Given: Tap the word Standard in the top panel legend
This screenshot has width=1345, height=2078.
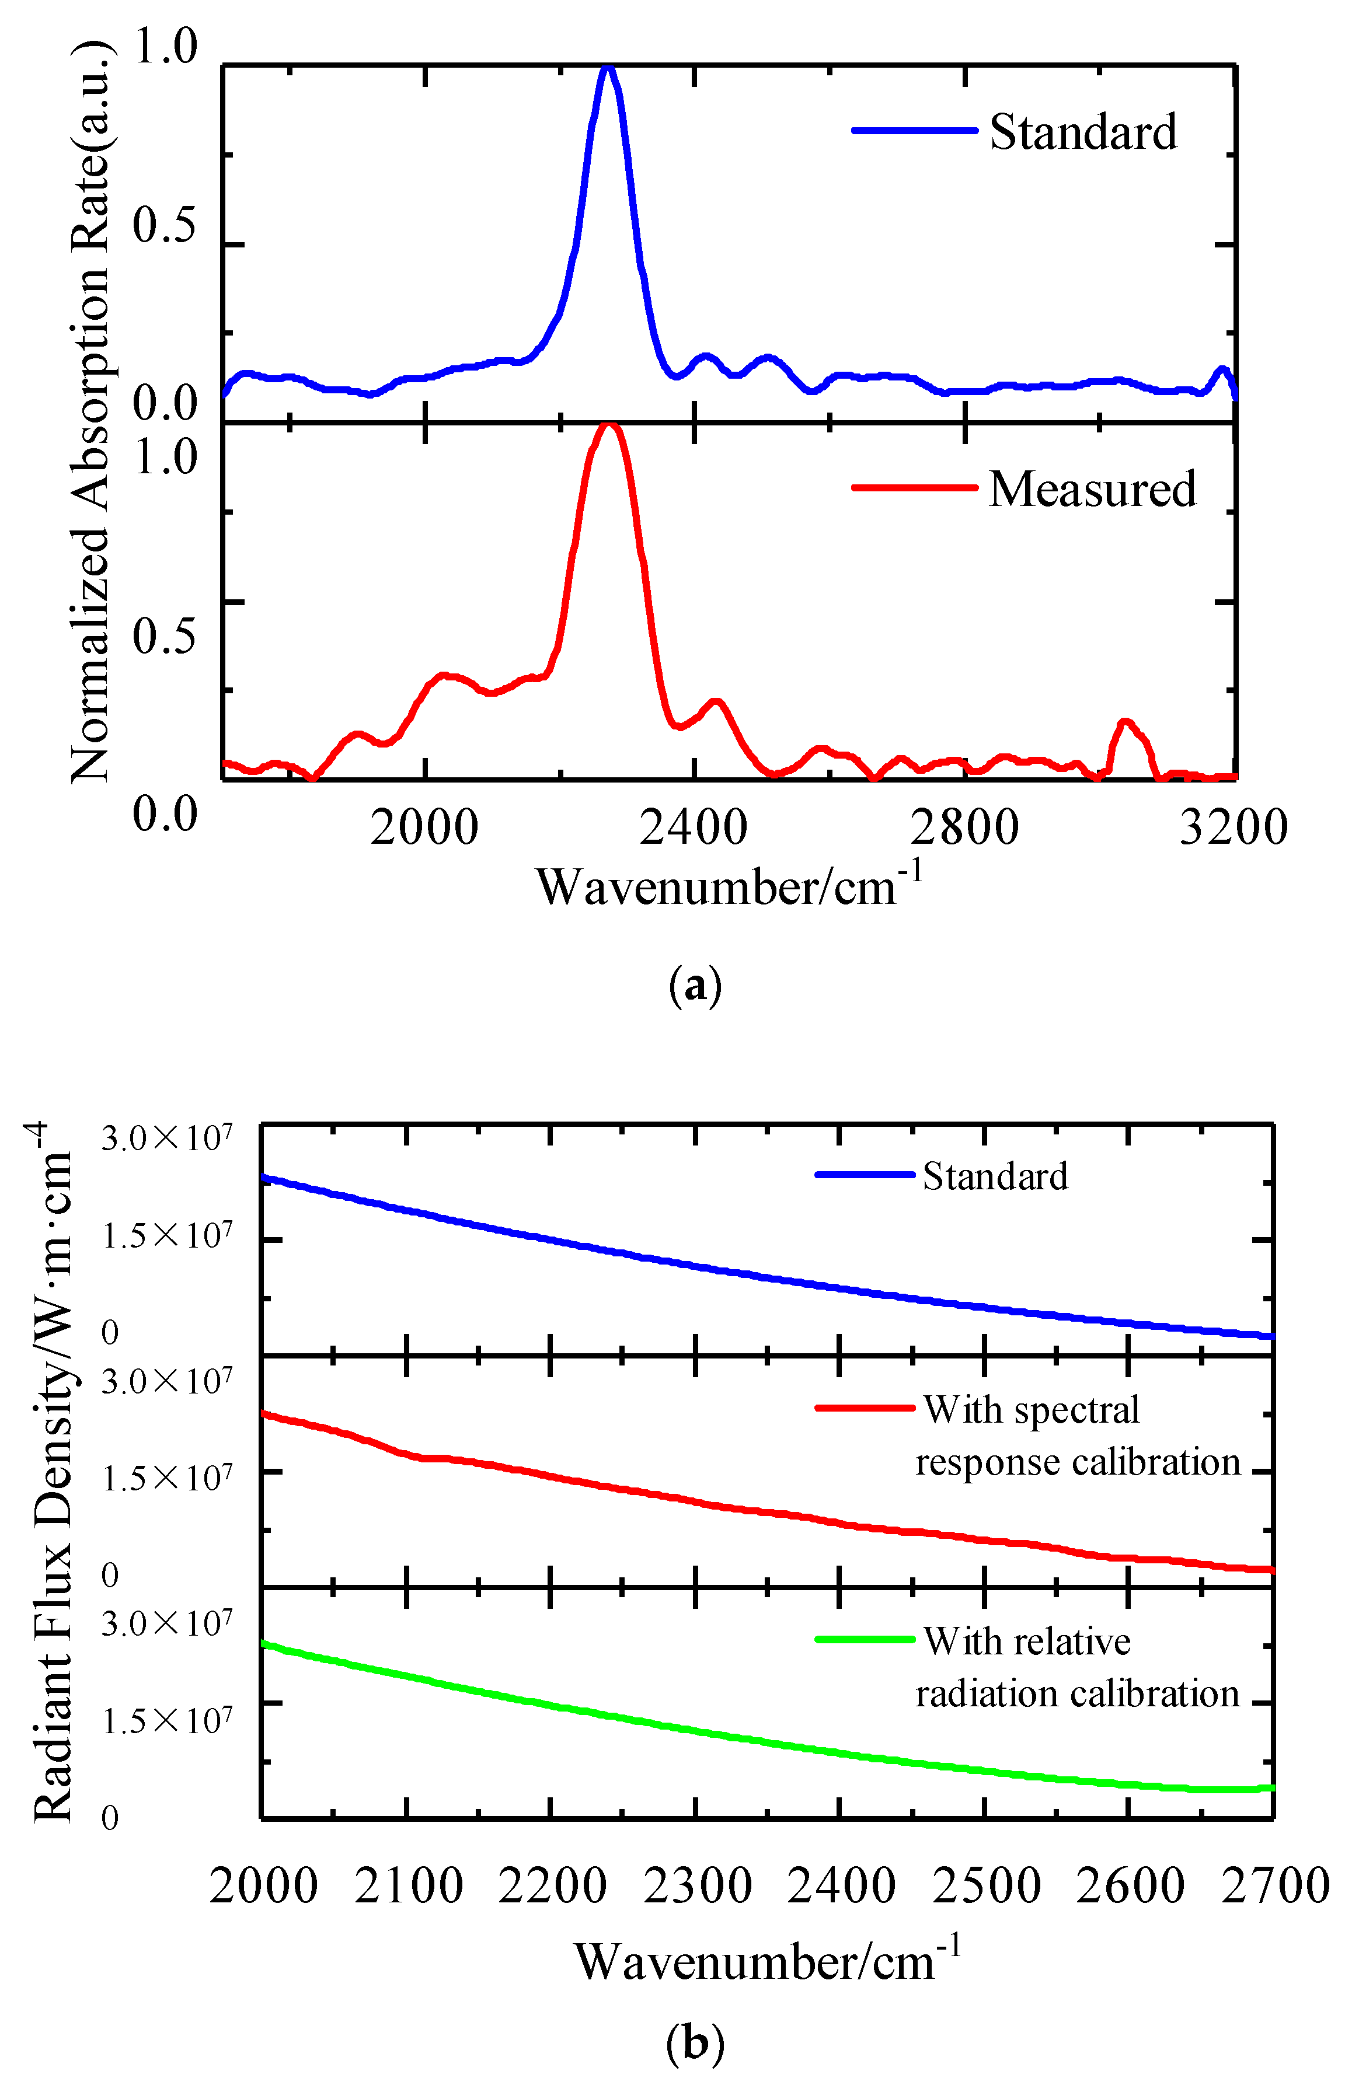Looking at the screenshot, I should click(x=1083, y=132).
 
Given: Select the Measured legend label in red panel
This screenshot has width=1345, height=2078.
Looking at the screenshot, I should click(x=1092, y=489).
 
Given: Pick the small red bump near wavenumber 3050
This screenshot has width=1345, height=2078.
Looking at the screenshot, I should click(x=1126, y=723).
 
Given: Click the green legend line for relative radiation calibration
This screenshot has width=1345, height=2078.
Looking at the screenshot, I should click(x=864, y=1640).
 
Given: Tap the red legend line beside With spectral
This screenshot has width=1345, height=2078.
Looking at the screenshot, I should click(x=864, y=1408).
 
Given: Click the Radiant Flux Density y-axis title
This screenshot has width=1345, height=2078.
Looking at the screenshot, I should click(x=53, y=1476).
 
